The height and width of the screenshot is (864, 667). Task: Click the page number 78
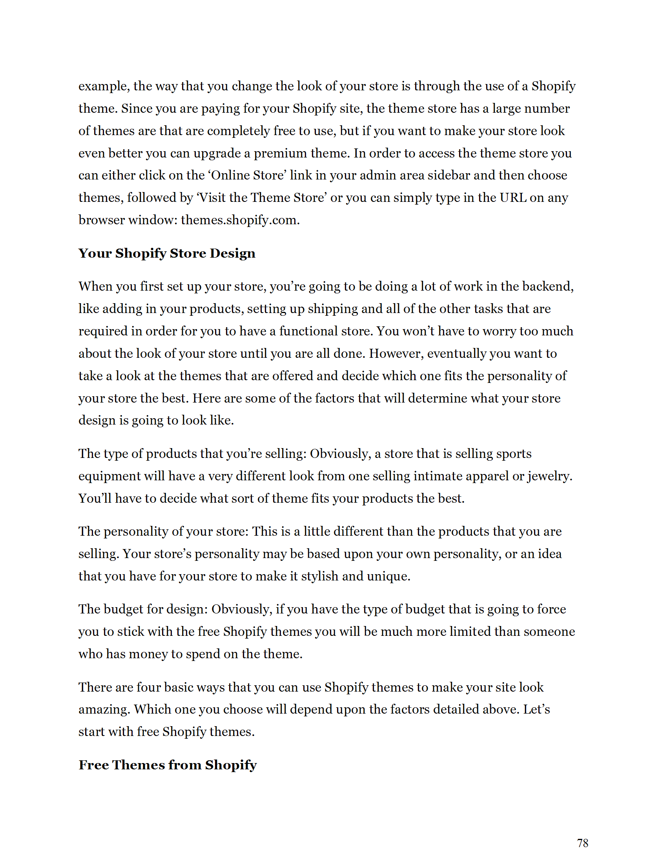click(x=582, y=843)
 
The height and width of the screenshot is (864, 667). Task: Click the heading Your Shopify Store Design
click(x=167, y=253)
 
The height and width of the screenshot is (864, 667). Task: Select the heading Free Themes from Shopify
click(x=168, y=765)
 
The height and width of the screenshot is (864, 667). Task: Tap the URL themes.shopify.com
click(x=240, y=220)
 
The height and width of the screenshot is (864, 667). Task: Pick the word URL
click(x=513, y=198)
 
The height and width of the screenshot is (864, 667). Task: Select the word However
click(x=396, y=353)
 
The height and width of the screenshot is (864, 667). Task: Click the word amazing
click(x=104, y=709)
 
